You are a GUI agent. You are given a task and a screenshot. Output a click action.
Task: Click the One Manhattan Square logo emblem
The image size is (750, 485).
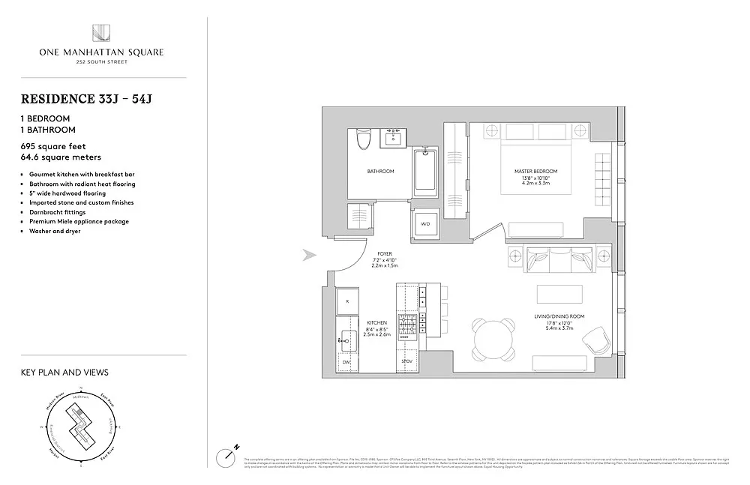101,34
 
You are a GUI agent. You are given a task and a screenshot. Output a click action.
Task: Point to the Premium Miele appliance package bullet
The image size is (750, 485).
79,222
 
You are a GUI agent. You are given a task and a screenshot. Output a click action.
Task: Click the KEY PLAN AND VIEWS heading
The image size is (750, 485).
64,372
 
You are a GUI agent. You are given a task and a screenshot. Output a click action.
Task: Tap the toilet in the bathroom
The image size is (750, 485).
363,140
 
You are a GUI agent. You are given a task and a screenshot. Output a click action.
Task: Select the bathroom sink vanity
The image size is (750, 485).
394,138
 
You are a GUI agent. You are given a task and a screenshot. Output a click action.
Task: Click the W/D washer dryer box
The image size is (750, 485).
425,223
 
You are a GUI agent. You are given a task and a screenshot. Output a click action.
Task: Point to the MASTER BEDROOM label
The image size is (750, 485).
535,172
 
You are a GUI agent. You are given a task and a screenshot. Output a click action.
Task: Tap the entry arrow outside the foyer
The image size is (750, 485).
310,256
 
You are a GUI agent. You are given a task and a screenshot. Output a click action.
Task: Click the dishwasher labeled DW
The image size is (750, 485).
346,363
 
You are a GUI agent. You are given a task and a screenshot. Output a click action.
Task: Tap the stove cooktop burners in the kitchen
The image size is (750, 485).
407,325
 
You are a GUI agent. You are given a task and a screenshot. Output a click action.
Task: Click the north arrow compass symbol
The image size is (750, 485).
227,455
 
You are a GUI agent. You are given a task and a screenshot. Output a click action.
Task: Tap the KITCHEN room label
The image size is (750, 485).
377,322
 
